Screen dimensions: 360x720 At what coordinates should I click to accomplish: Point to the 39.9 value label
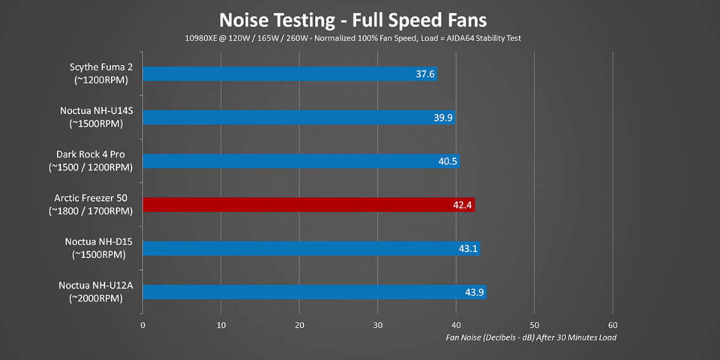(442, 118)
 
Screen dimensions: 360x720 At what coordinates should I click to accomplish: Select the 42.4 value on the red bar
(463, 205)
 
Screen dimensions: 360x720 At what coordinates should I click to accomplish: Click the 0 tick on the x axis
(142, 325)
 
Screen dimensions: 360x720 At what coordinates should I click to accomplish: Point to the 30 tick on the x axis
(377, 325)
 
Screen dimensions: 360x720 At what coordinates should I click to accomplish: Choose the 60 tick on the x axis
(612, 325)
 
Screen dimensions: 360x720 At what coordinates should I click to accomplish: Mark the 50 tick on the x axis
(534, 325)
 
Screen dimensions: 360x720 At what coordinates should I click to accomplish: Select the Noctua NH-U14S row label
(96, 111)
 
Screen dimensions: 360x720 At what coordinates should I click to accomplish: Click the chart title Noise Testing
(352, 17)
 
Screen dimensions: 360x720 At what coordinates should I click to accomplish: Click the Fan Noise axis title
(531, 337)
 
